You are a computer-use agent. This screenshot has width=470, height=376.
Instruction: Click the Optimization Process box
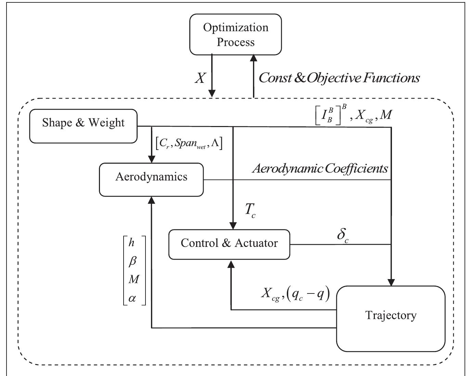236,35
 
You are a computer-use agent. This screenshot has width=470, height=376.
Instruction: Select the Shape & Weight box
83,126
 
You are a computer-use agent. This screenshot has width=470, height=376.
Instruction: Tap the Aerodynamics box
151,179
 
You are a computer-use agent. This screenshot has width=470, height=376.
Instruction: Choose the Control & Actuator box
229,245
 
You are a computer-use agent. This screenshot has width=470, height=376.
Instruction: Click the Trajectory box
391,318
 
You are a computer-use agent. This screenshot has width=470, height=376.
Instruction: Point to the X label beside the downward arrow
200,78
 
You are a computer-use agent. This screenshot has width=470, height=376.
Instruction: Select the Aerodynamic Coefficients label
320,168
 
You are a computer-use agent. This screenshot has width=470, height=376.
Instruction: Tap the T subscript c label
250,210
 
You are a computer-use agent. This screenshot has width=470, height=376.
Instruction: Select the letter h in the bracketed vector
131,243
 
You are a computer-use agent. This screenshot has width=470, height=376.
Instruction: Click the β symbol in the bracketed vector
132,261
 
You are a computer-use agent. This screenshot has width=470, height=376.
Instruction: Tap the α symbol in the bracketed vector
132,298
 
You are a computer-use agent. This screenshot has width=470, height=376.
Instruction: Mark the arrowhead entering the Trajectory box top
391,282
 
